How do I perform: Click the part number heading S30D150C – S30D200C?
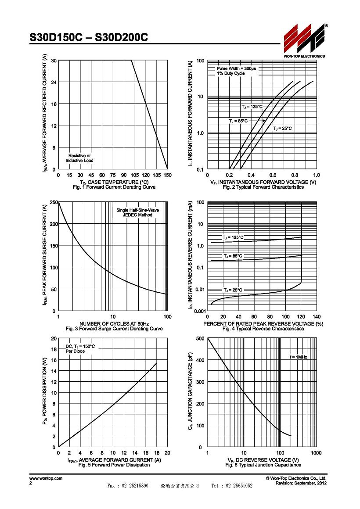pos(89,38)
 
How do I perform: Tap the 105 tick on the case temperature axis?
pos(134,175)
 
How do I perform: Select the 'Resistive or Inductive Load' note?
pos(79,158)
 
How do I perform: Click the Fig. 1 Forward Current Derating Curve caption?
pos(114,187)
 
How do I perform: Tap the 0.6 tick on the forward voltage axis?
pos(273,175)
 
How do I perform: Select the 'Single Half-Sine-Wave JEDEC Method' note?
pos(138,213)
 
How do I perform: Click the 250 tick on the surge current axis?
pos(54,202)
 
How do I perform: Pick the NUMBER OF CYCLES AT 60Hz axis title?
pos(114,324)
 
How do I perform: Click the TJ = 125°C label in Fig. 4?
pos(233,238)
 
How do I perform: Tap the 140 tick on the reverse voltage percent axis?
pos(317,317)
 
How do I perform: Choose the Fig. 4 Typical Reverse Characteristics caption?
pos(263,329)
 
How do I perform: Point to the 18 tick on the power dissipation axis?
pos(54,349)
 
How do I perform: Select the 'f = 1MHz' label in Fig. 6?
pos(298,357)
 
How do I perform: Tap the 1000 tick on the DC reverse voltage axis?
pos(316,453)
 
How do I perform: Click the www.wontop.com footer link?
pos(46,478)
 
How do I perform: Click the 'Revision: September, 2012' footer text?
pos(301,484)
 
